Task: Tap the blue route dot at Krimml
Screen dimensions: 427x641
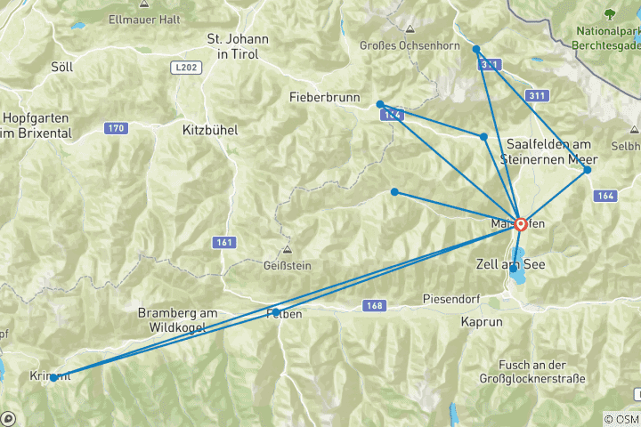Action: (54, 377)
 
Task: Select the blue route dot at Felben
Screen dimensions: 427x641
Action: (275, 311)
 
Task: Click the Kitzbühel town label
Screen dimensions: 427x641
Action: (209, 129)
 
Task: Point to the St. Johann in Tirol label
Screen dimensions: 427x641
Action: (238, 46)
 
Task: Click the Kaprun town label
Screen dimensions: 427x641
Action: (483, 321)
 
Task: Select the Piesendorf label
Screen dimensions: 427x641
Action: (451, 299)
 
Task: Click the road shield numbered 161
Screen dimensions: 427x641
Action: (224, 242)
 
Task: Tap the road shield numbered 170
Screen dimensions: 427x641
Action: (116, 128)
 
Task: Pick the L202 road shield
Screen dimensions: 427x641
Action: (184, 67)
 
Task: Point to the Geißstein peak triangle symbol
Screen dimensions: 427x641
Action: (287, 250)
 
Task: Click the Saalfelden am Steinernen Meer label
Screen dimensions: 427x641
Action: (548, 151)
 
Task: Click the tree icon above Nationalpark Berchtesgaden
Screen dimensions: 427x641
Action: (610, 14)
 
